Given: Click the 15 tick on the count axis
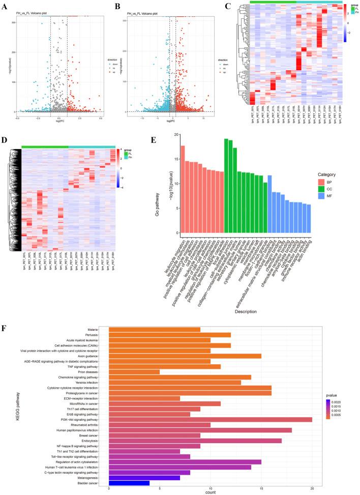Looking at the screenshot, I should [x=261, y=489].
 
